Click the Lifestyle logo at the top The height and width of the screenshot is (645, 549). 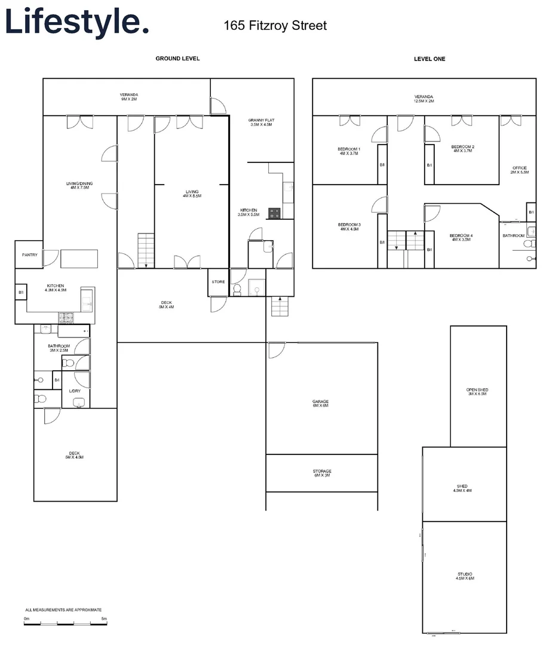(x=76, y=22)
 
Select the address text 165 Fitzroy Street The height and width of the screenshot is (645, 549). (x=275, y=26)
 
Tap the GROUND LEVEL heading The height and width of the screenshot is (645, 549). (x=177, y=59)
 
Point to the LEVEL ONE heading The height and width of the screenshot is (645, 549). (x=430, y=59)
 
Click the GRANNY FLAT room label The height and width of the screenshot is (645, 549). (x=261, y=122)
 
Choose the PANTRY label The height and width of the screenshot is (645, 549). (x=29, y=255)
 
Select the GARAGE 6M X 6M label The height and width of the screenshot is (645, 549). (x=321, y=404)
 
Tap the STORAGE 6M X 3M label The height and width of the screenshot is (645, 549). (x=321, y=474)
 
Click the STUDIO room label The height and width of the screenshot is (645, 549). (x=465, y=576)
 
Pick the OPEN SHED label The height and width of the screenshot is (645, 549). (x=477, y=392)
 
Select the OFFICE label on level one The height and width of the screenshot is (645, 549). (x=520, y=170)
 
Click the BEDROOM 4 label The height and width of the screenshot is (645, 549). (x=461, y=238)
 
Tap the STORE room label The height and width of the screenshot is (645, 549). (x=218, y=282)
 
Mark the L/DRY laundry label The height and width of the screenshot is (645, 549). (x=75, y=391)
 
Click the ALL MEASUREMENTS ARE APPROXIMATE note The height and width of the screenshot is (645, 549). (x=63, y=610)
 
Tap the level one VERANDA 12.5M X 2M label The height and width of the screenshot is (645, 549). (x=424, y=99)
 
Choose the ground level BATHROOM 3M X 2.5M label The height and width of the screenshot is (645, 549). (x=59, y=348)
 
